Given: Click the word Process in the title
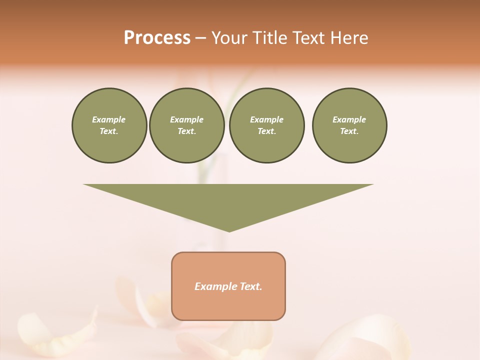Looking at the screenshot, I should [x=157, y=38].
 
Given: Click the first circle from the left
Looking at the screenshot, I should [x=109, y=125].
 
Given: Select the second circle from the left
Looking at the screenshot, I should [x=187, y=125].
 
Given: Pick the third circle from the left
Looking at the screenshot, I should [x=267, y=125].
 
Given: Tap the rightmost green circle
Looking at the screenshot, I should [x=349, y=125].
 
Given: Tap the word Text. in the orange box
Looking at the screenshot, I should [x=251, y=286].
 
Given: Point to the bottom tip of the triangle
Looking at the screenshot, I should [x=229, y=230].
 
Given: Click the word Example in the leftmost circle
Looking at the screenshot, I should [x=109, y=119].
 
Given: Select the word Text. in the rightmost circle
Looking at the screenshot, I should [x=349, y=131].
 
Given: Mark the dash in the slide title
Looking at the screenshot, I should [x=200, y=38].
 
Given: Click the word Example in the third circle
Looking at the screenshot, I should [x=267, y=119].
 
